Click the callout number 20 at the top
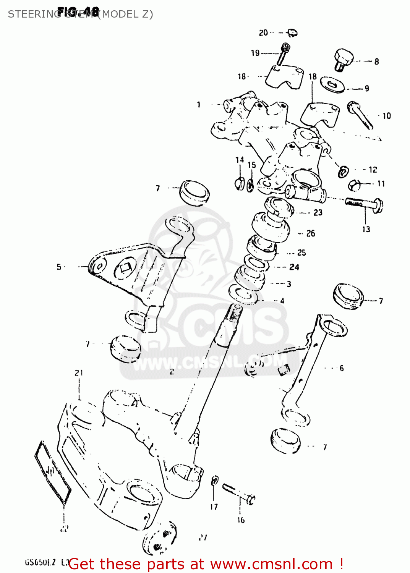263,33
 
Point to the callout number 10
387,116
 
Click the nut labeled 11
354,185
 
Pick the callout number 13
366,229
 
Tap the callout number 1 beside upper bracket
199,105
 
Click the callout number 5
59,267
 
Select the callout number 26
311,233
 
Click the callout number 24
294,267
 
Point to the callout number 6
342,368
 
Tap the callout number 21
79,373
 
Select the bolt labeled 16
239,494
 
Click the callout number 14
240,160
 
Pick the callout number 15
251,165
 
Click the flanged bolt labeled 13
365,203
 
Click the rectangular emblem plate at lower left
52,473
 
